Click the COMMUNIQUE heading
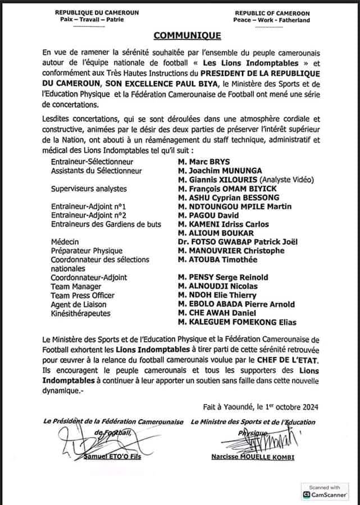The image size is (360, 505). [180, 36]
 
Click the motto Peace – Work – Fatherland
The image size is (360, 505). [272, 20]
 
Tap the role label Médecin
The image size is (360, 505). [62, 242]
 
